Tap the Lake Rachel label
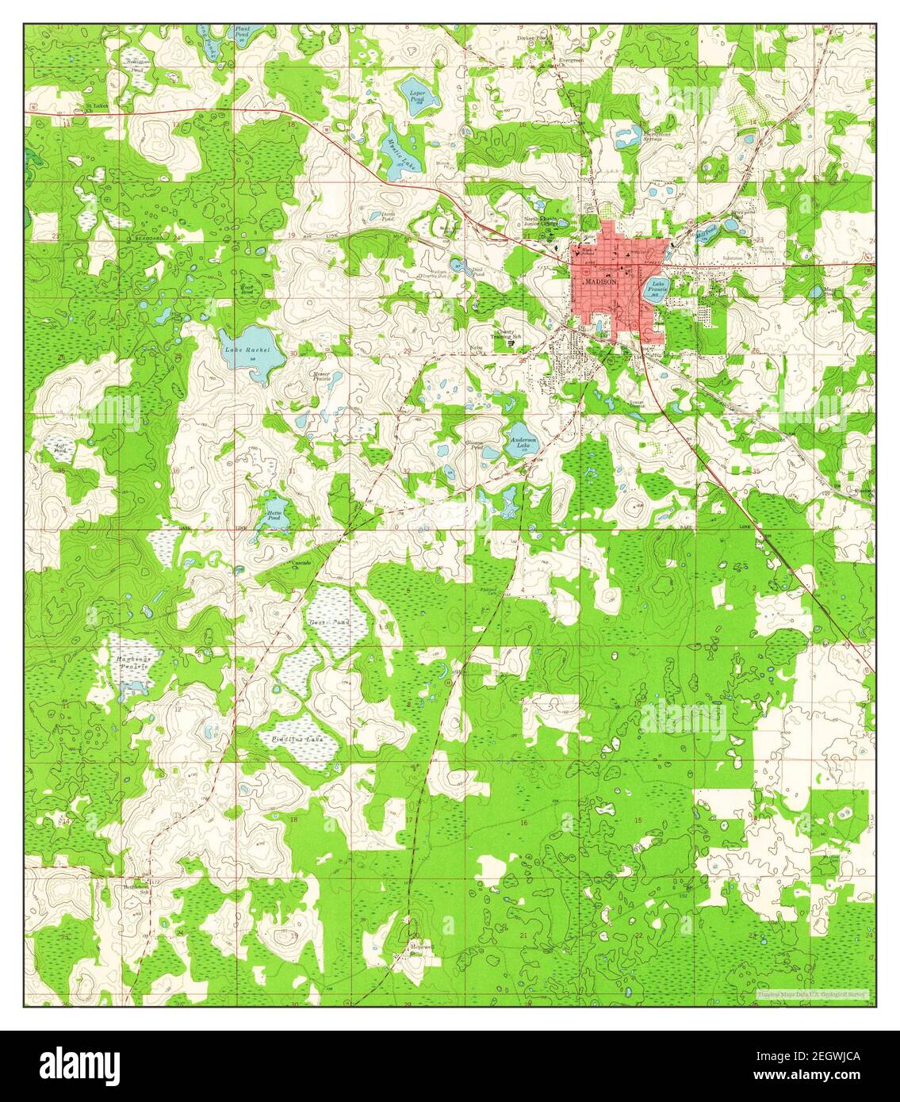(247, 350)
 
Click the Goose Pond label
(328, 622)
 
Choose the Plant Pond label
(243, 32)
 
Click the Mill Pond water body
(705, 231)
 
